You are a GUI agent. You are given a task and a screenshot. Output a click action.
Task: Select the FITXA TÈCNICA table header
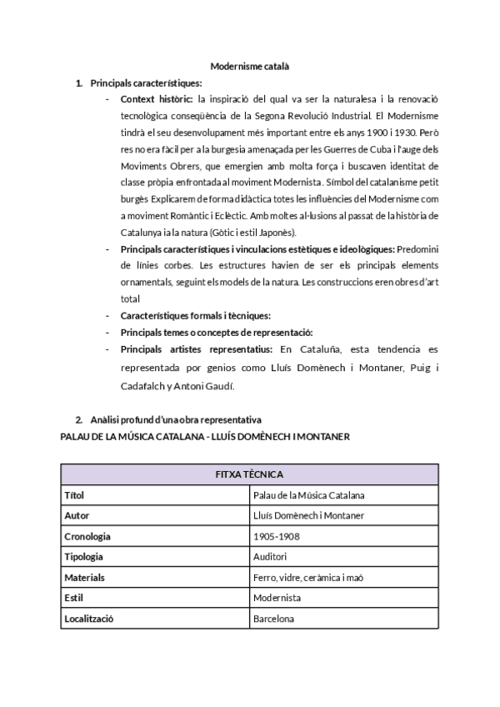click(249, 474)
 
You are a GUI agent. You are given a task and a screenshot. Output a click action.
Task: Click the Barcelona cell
click(272, 619)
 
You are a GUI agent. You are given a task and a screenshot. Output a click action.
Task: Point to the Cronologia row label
click(87, 536)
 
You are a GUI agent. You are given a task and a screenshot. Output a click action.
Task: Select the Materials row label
click(84, 577)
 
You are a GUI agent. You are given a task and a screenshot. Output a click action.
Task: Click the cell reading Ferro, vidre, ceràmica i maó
click(308, 577)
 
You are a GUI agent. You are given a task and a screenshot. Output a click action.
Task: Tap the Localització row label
click(88, 619)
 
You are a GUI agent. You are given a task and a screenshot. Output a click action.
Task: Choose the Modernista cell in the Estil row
click(277, 598)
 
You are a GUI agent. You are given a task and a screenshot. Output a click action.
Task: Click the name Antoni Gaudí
click(206, 386)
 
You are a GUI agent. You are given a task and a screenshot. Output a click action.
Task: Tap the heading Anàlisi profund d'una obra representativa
click(176, 419)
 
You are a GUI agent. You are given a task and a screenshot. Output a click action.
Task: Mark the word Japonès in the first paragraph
click(264, 232)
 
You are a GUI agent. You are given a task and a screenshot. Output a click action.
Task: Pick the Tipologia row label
click(84, 557)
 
